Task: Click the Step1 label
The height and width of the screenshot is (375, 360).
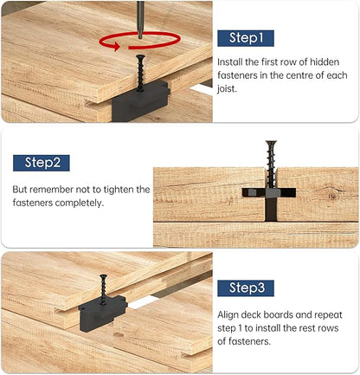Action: [246, 38]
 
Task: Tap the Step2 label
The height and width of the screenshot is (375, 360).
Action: [42, 163]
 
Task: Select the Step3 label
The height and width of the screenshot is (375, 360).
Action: [246, 288]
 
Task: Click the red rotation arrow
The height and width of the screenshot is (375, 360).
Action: [139, 46]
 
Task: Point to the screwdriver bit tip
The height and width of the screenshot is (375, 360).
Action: [140, 37]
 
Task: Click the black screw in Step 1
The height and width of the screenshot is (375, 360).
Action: [140, 73]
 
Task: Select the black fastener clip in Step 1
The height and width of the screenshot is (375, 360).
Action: [140, 100]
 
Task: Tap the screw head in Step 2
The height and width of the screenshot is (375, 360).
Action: [271, 143]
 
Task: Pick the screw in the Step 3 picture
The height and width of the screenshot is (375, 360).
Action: [103, 289]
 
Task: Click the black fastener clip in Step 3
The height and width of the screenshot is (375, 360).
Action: [103, 314]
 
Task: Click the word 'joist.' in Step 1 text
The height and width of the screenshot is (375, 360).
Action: [228, 89]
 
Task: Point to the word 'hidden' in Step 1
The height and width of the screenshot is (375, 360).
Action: [325, 62]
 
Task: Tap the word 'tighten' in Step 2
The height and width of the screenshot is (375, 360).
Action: [119, 190]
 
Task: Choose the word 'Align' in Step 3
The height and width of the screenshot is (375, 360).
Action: [228, 315]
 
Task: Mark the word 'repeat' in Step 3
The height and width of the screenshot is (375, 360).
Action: [328, 315]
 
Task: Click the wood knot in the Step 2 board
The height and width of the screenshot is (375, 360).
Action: [333, 195]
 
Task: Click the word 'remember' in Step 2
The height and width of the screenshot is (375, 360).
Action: [51, 190]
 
